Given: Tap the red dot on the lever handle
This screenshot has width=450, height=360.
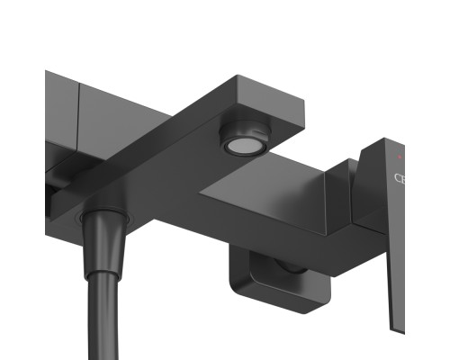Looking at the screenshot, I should point(399,157).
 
